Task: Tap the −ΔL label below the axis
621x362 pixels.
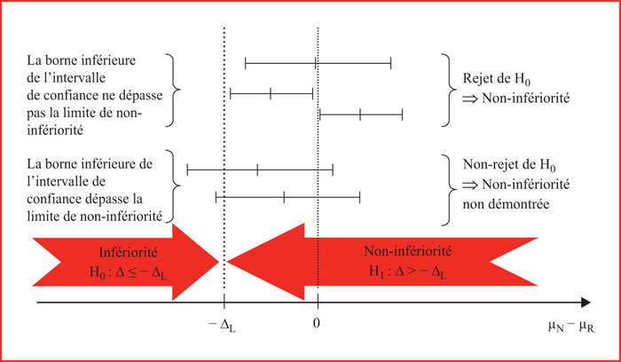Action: click(x=222, y=325)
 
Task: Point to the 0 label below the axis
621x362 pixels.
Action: click(x=316, y=324)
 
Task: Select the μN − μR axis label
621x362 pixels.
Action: click(x=571, y=327)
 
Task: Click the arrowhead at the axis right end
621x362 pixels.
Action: click(x=586, y=303)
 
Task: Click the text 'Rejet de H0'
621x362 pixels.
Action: click(x=497, y=79)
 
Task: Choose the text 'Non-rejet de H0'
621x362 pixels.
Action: click(x=509, y=165)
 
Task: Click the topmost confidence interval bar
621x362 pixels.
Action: click(x=318, y=63)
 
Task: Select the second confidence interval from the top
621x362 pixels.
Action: click(x=271, y=95)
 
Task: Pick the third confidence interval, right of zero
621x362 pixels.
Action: click(x=361, y=114)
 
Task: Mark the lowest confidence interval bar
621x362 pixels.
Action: click(x=288, y=197)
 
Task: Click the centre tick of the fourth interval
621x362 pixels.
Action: click(x=257, y=170)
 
